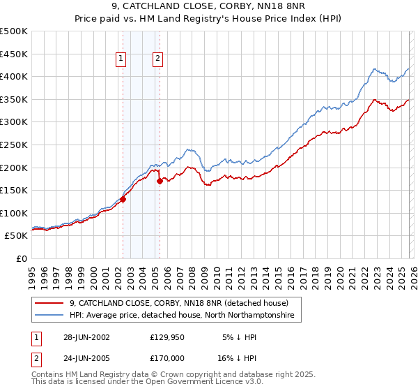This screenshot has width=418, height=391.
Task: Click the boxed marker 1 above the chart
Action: coord(122,59)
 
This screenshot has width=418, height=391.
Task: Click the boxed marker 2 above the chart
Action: coord(158,59)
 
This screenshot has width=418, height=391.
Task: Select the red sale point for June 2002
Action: coord(123,199)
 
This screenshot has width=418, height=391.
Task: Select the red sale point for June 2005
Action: coord(160,181)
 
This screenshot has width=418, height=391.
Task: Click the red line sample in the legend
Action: coord(49,303)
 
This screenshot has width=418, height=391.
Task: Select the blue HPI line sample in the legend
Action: coord(49,316)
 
